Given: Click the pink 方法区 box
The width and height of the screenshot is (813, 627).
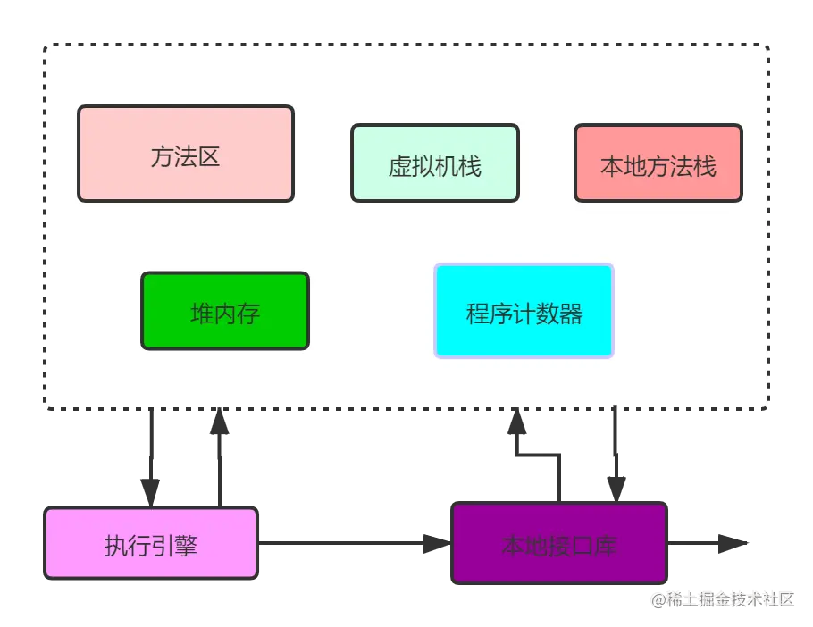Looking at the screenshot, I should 186,154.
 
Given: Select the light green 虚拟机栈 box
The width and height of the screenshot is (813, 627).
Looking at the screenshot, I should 435,163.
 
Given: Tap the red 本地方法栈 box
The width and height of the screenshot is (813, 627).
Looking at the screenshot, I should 658,163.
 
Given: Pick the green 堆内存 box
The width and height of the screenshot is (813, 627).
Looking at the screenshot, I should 225,311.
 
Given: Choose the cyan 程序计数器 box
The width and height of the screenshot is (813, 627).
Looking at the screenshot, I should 524,311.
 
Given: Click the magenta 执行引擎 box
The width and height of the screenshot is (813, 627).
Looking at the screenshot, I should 151,543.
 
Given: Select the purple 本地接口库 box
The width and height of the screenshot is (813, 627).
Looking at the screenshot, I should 560,543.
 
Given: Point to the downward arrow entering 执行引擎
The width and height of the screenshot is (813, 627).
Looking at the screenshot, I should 149,456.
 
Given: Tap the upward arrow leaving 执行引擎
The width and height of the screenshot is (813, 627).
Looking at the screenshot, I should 217,456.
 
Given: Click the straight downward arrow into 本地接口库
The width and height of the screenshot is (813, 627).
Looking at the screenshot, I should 614,456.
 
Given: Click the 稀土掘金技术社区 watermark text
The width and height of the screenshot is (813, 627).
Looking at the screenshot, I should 722,598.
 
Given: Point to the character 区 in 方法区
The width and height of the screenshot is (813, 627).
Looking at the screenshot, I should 209,157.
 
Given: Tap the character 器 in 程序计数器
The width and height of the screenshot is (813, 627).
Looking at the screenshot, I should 571,313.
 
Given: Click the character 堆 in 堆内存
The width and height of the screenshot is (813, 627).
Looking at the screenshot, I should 203,313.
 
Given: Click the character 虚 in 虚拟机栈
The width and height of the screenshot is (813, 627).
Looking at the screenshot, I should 399,166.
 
